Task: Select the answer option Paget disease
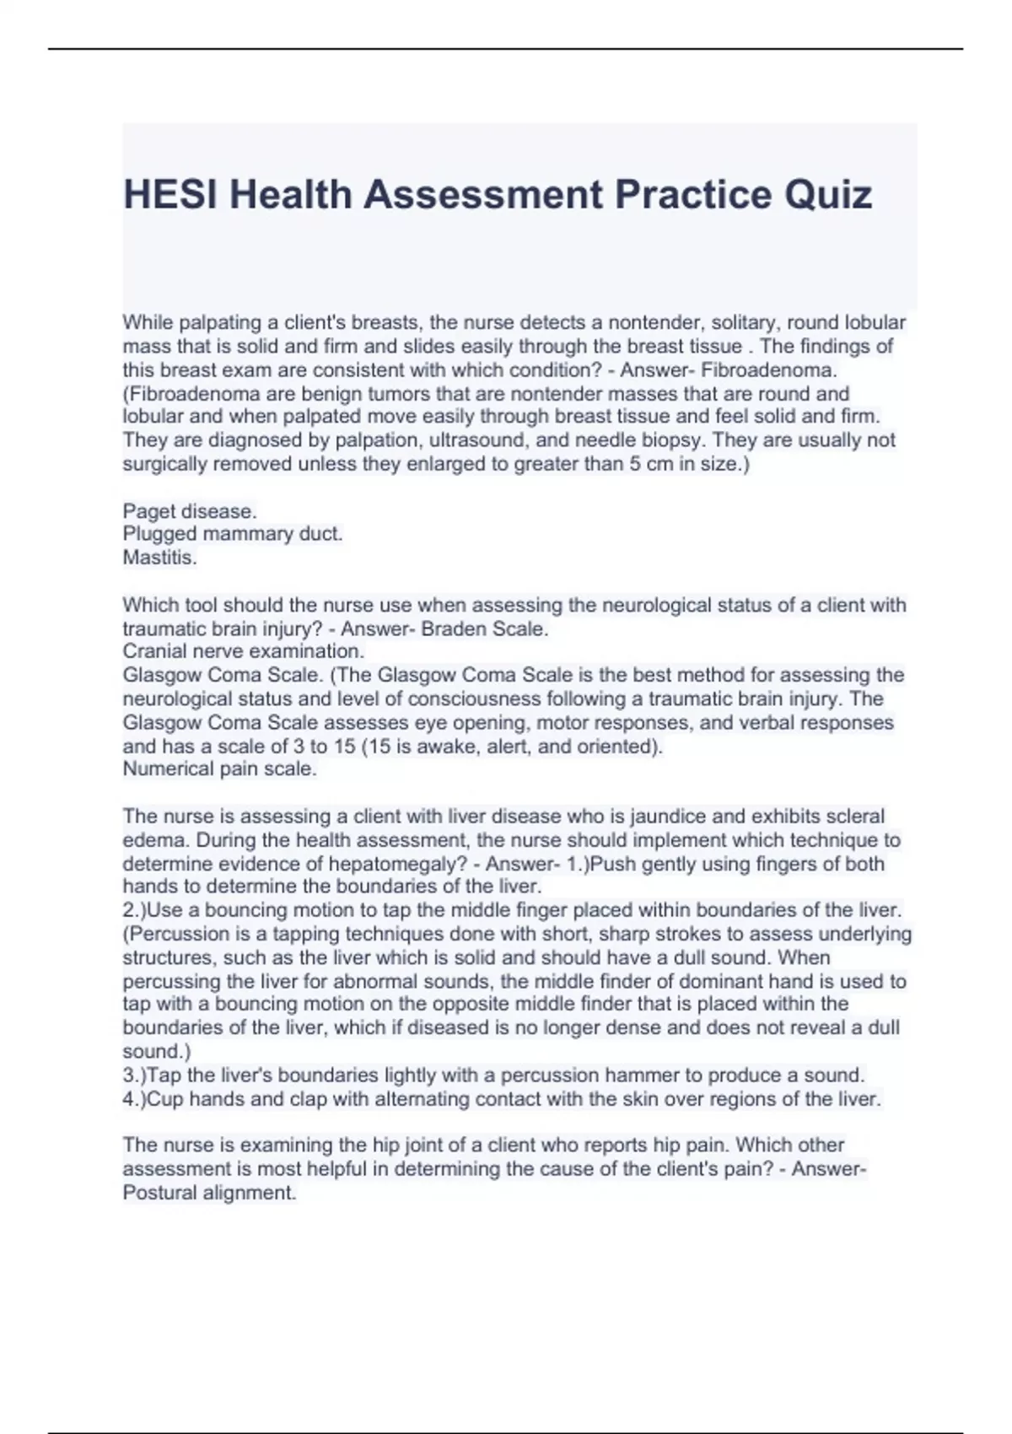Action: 190,511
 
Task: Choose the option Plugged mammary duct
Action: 233,534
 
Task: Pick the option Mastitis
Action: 159,558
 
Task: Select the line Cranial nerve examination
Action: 243,651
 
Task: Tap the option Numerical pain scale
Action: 219,769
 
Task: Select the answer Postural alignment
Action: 209,1193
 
